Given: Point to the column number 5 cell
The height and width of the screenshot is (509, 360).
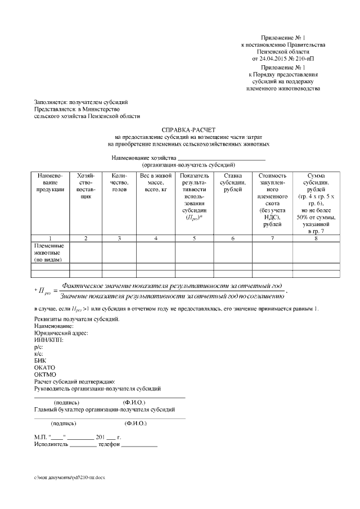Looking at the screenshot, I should pyautogui.click(x=194, y=238).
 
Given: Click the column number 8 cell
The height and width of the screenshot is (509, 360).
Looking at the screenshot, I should pyautogui.click(x=316, y=238).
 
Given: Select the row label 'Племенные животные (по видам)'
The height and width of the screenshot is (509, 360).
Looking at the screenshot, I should pyautogui.click(x=49, y=253).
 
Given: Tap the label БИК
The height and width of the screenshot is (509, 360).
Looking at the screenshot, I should pyautogui.click(x=40, y=361).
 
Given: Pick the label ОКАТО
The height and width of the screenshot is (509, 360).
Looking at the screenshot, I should pyautogui.click(x=44, y=367).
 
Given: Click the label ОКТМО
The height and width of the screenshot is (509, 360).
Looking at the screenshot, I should pyautogui.click(x=45, y=374).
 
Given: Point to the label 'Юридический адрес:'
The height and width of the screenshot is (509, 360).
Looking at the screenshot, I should pyautogui.click(x=61, y=333).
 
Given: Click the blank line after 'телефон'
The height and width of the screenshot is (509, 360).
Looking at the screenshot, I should pyautogui.click(x=139, y=445).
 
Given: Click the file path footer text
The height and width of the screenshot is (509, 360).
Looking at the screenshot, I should pyautogui.click(x=69, y=477).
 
